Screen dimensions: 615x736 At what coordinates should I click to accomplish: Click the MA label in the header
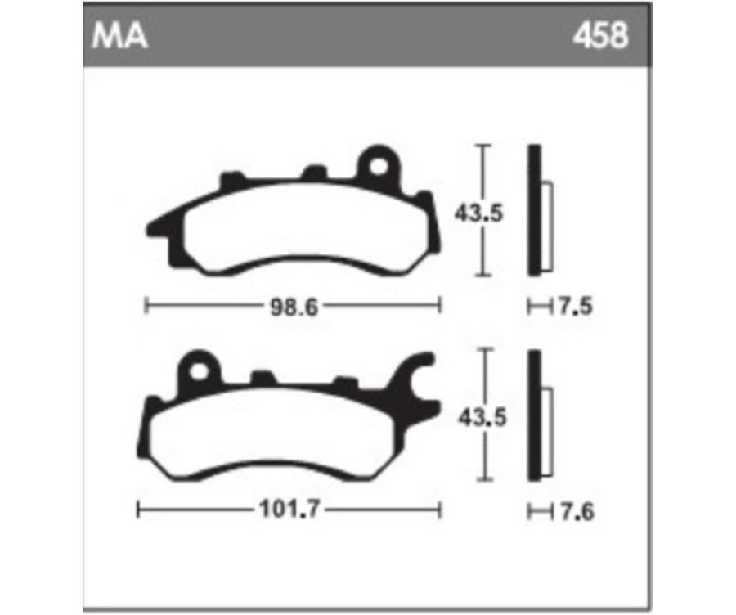point(120,37)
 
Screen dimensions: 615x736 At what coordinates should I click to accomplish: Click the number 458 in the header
point(600,37)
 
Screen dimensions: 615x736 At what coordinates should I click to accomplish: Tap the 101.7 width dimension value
point(288,512)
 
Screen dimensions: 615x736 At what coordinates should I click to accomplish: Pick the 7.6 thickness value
point(575,513)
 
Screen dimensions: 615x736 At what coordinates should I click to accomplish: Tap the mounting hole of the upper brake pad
point(378,166)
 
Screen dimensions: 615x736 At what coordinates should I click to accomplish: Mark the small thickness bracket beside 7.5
point(537,307)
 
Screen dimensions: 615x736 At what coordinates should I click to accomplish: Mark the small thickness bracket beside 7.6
point(537,513)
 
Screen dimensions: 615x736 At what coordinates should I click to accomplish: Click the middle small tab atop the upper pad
point(312,173)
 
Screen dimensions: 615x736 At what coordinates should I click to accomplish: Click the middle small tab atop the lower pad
point(262,378)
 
